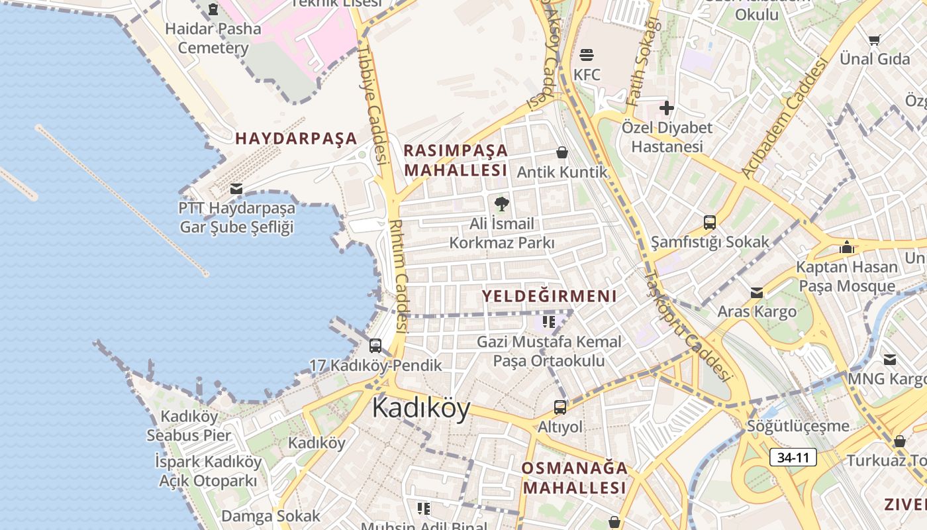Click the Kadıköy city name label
[421, 407]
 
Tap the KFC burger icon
[587, 54]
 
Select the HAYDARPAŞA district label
[296, 138]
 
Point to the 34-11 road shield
[793, 457]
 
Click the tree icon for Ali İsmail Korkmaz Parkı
[502, 203]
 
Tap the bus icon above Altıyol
[560, 407]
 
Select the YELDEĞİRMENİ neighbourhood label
[549, 296]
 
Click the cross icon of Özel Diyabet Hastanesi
[667, 107]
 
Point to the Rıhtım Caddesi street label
[399, 276]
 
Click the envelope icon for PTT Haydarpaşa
[236, 189]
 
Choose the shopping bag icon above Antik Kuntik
[562, 153]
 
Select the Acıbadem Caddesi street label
[785, 119]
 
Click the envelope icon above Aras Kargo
[757, 292]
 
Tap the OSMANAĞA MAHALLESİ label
[574, 478]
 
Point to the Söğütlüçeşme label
[798, 425]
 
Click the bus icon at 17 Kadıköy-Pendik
[375, 345]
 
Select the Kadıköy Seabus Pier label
[188, 426]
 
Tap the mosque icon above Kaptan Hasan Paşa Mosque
[847, 247]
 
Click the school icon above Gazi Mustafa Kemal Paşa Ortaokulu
[549, 322]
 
